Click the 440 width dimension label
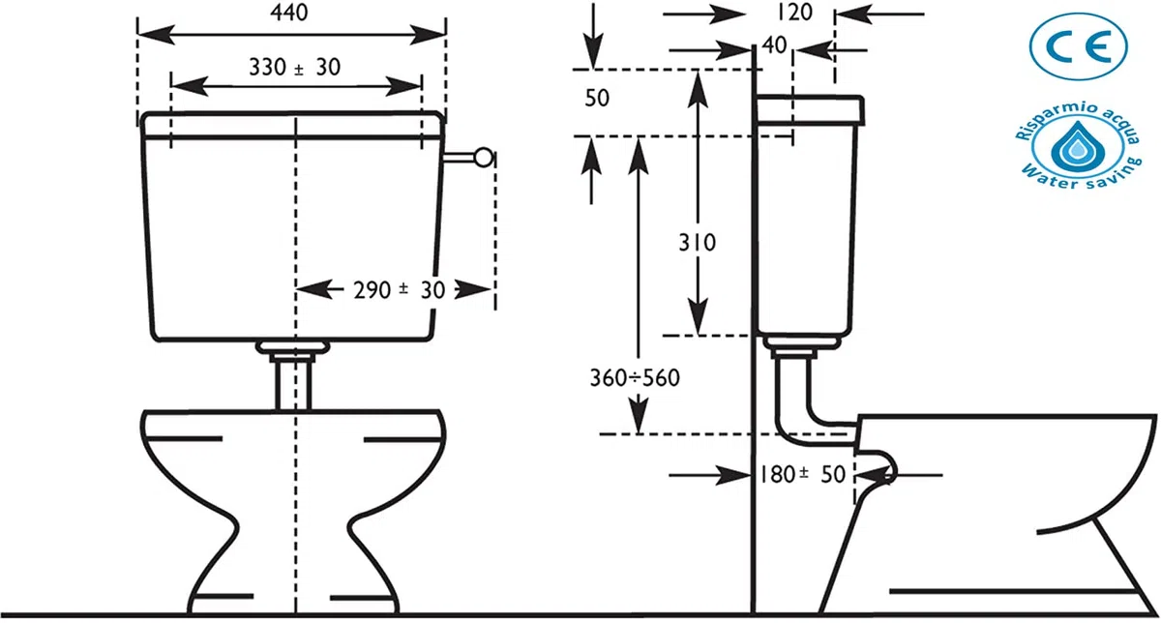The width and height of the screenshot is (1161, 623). pos(289,13)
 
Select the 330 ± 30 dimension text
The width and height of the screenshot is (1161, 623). pos(294,67)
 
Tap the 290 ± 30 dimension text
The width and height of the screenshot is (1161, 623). pos(399,289)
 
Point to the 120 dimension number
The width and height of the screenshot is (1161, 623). pos(794,13)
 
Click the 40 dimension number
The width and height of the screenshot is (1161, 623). pos(775,45)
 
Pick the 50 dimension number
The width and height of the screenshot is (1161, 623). pos(597,98)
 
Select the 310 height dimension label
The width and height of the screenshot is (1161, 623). pos(698,243)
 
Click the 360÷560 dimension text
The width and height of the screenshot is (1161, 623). pos(635,378)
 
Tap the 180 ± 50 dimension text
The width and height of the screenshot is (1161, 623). pos(802,474)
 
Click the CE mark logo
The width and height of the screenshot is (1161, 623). pos(1079,46)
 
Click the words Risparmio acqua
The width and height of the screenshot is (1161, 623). pos(1078,119)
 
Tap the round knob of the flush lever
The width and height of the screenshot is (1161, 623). pos(484,158)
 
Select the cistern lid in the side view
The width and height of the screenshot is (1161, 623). pos(810,110)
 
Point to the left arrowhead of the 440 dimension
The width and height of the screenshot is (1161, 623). pos(156,35)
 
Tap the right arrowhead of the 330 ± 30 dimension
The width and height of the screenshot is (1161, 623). pos(403,86)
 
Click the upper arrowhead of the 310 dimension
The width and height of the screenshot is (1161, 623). pos(699,89)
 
